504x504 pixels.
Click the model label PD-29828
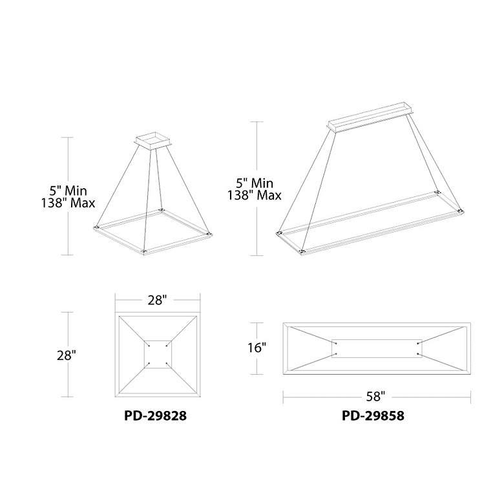(x=155, y=416)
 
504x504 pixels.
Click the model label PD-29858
(x=373, y=416)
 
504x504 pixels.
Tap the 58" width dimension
(x=375, y=397)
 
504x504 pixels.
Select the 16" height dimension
(x=257, y=348)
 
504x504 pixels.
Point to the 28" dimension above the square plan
(x=158, y=300)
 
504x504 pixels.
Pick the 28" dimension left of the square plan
(x=67, y=355)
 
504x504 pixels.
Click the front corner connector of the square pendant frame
(x=143, y=251)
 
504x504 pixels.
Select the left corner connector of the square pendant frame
(x=96, y=227)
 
